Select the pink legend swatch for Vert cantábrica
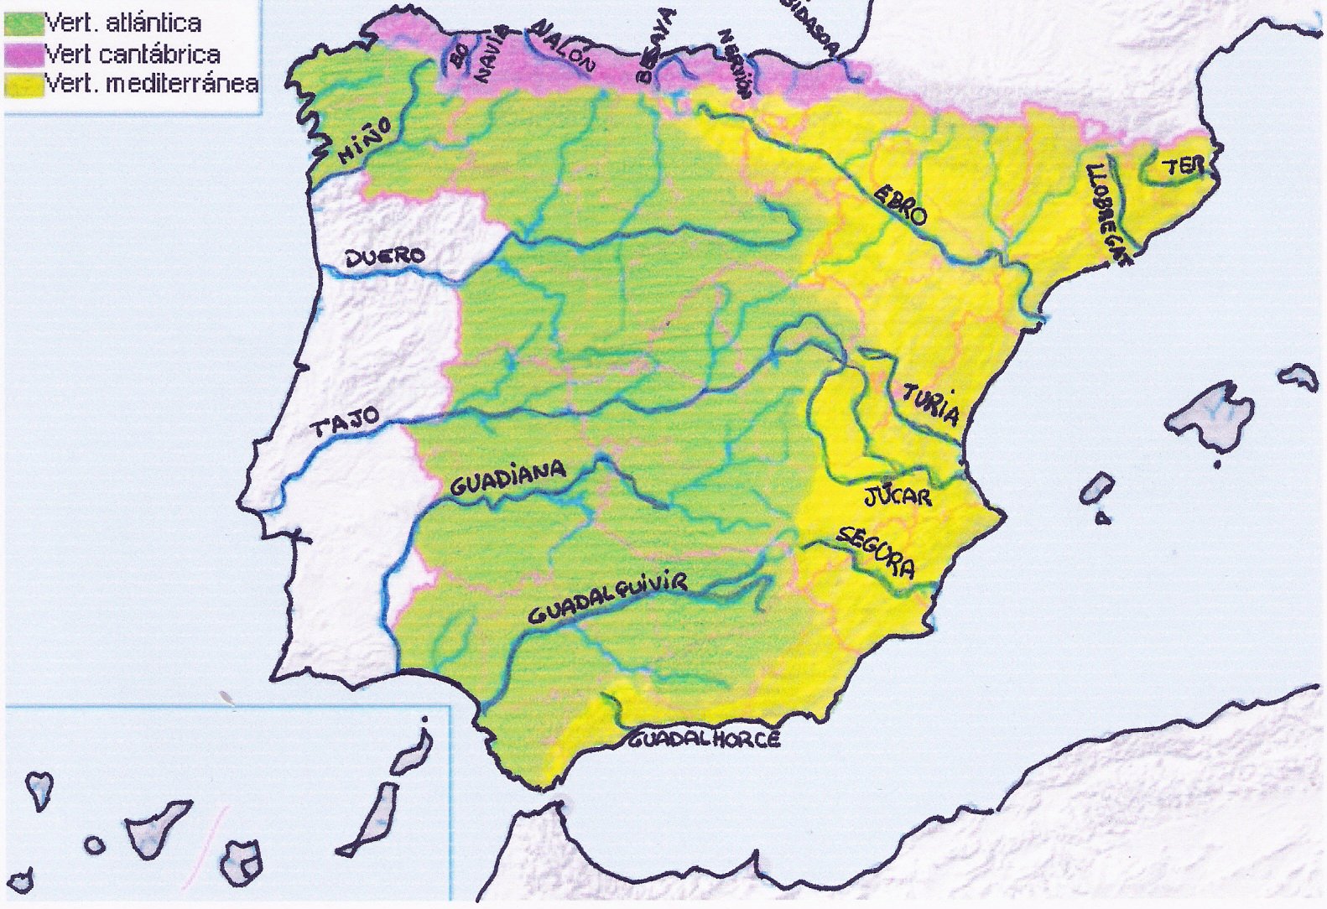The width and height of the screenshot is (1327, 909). coord(23,55)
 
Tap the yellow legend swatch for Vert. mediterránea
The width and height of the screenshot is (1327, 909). coord(23,85)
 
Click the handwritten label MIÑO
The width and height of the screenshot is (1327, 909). coord(366,140)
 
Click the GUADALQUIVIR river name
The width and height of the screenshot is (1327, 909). coord(608,598)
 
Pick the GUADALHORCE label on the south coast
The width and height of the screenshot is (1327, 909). coord(705,739)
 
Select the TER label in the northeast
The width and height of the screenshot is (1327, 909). coord(1184,167)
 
